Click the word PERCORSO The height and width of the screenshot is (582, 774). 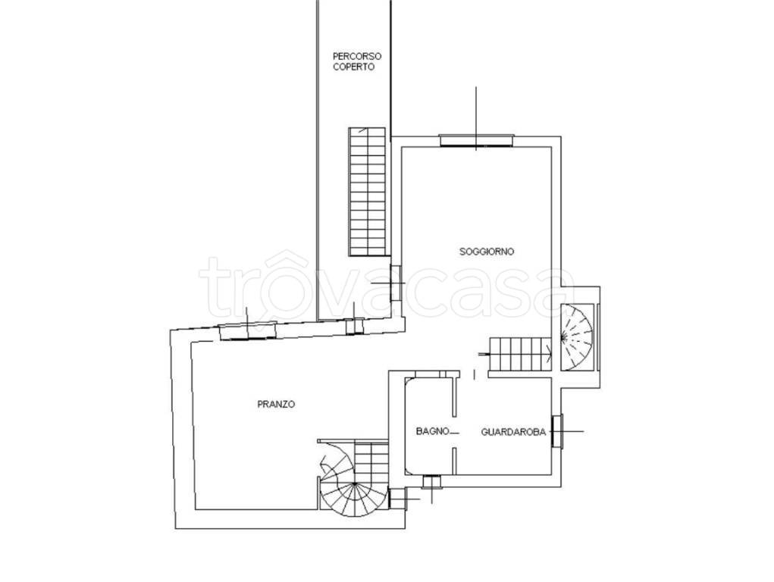tap(357, 56)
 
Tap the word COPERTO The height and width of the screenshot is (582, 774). tap(353, 67)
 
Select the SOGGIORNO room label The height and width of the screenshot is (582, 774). tap(487, 252)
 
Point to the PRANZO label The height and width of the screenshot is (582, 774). tap(277, 404)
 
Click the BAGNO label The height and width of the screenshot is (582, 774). tap(432, 431)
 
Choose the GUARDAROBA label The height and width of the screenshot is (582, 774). tap(513, 433)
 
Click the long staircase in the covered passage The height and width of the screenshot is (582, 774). tap(367, 192)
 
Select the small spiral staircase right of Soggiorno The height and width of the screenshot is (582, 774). tap(576, 336)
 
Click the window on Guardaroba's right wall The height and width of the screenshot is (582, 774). tap(557, 431)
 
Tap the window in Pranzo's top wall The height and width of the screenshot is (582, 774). tap(248, 330)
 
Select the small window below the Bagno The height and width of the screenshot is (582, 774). tap(432, 481)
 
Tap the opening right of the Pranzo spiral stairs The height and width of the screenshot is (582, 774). tap(397, 499)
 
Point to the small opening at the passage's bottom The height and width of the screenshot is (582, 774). tap(355, 327)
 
